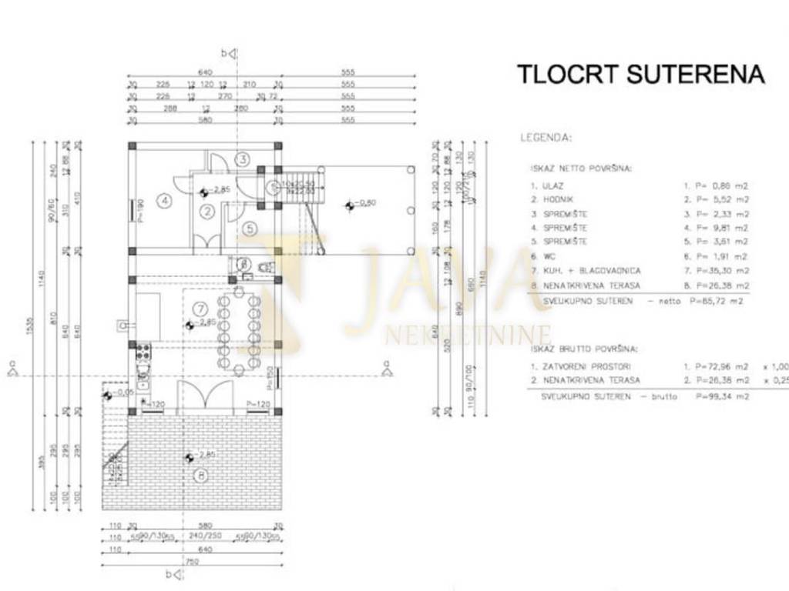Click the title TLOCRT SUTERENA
point(640,74)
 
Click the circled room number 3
point(242,159)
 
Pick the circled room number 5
point(249,229)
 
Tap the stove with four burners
point(143,355)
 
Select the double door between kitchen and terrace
point(205,397)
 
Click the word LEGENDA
point(546,138)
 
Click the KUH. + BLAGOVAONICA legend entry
point(592,271)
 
